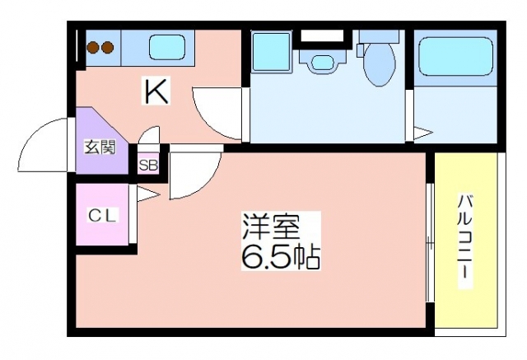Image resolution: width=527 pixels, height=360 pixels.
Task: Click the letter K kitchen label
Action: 156,91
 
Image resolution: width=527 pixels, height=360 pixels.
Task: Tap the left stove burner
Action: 93,48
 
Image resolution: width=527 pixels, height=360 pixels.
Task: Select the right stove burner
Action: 107,48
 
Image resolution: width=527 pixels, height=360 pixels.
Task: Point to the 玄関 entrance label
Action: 100,147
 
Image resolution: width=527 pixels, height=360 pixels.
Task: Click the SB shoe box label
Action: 148,165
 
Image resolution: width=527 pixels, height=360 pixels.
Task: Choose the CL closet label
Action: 103,215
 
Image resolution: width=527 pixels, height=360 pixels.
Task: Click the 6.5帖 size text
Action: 281,257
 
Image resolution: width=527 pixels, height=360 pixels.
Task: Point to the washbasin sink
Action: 322,61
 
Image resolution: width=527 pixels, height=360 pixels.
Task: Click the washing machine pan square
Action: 271,51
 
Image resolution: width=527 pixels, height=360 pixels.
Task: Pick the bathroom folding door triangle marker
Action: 422,133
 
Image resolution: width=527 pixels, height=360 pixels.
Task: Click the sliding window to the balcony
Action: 430,243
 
